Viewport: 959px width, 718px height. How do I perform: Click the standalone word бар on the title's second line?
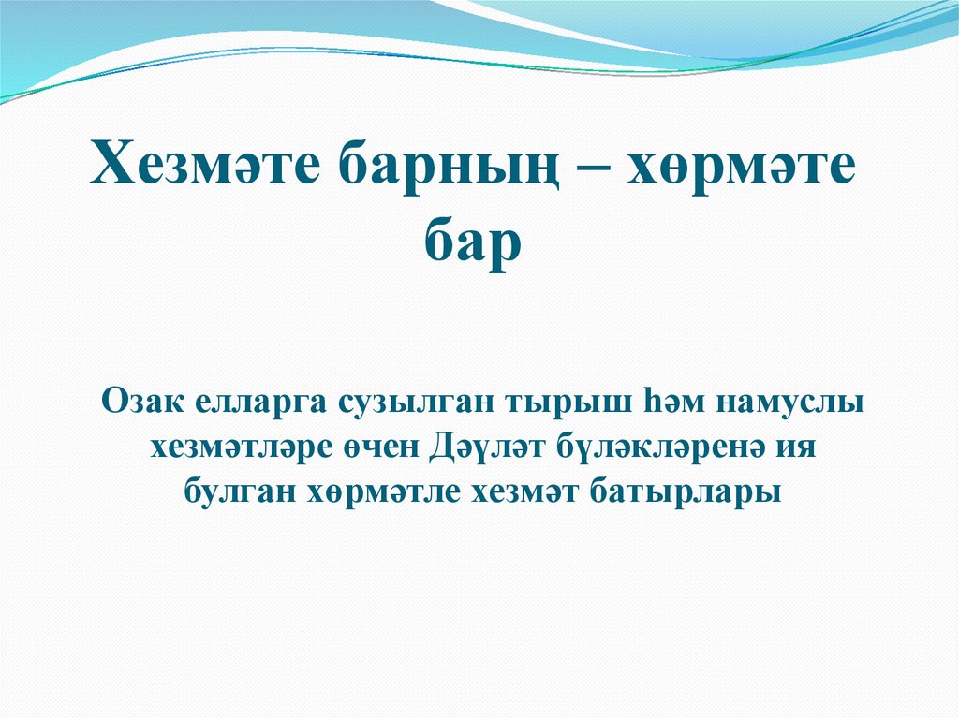[x=473, y=245]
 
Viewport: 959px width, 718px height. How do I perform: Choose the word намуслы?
[x=788, y=403]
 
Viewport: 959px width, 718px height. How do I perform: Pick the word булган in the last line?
[x=235, y=493]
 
